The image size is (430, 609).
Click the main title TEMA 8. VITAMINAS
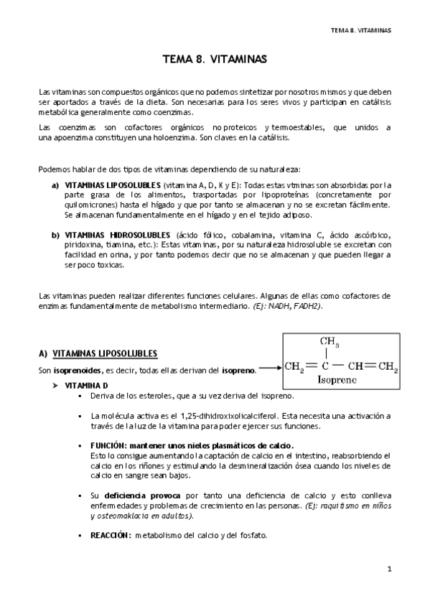(x=215, y=60)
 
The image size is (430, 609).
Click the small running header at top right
(x=360, y=30)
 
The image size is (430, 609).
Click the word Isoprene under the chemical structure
(x=339, y=378)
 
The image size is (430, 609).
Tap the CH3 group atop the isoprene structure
(x=329, y=341)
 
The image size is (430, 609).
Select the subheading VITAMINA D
(x=87, y=385)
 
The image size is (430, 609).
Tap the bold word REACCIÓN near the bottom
(x=111, y=535)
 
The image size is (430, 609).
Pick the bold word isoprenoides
(x=78, y=370)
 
